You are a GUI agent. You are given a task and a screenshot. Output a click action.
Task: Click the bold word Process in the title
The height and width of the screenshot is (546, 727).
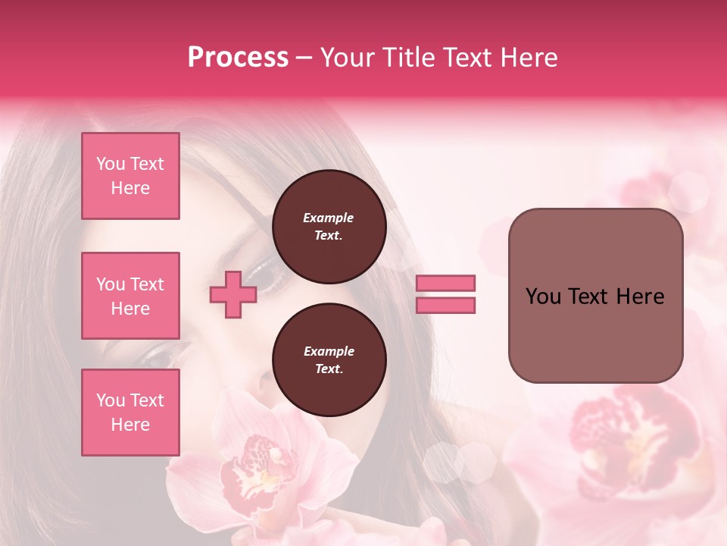pos(238,58)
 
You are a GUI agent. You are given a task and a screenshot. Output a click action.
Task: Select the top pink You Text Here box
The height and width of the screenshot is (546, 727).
pos(130,176)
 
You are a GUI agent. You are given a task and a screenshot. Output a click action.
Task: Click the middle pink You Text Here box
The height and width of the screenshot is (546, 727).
pos(130,296)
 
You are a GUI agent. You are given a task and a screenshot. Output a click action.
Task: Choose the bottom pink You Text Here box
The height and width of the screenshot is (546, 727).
pos(130,412)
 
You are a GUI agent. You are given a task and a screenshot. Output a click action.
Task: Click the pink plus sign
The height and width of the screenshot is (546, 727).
pos(233,294)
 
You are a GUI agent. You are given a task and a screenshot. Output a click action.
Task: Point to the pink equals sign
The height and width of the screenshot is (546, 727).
pos(445,294)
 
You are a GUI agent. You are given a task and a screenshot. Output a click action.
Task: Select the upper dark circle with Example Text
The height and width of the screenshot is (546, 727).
pos(329,227)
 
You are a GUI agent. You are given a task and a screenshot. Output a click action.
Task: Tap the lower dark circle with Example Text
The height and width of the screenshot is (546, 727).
pos(329,360)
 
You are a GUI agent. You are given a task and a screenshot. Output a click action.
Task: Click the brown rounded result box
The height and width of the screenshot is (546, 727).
pos(595,296)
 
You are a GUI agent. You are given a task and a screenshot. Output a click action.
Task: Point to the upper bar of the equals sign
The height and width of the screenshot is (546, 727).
pos(445,284)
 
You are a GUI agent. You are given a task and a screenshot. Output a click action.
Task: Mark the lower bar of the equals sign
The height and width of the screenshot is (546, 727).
pos(445,305)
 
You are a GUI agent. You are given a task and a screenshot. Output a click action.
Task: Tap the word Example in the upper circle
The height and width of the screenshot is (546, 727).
pos(329,218)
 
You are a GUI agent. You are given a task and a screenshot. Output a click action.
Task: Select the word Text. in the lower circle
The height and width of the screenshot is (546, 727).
pos(329,369)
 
